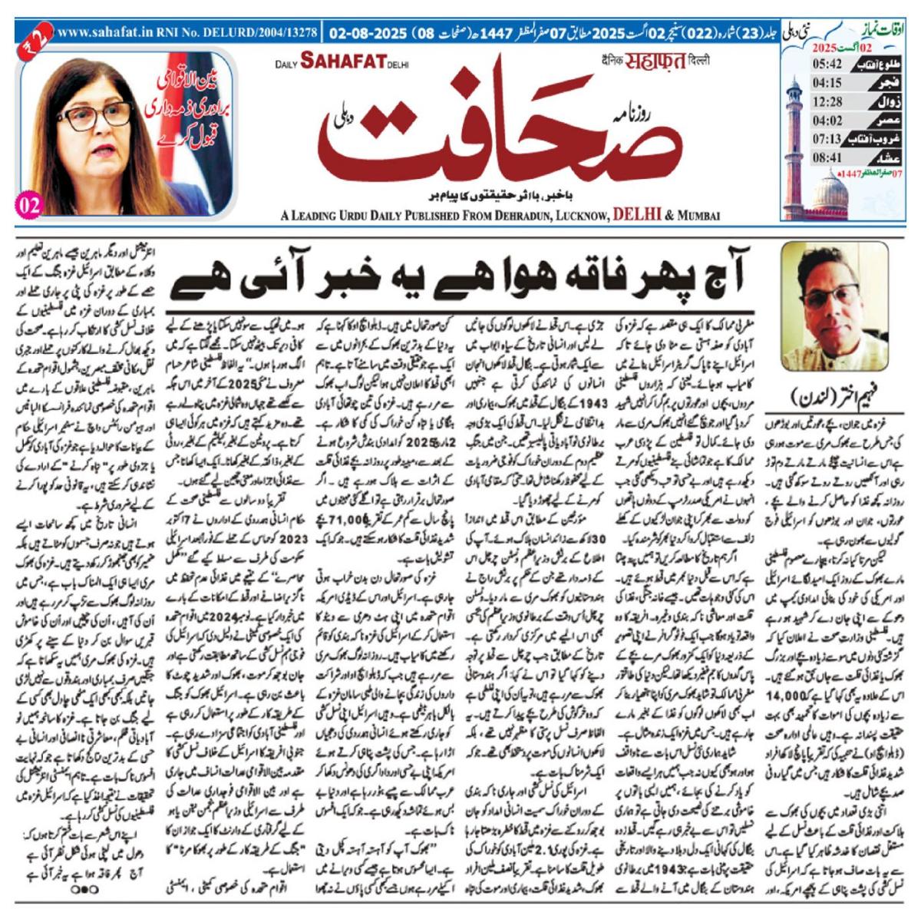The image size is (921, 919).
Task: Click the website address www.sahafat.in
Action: [x=103, y=35]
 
